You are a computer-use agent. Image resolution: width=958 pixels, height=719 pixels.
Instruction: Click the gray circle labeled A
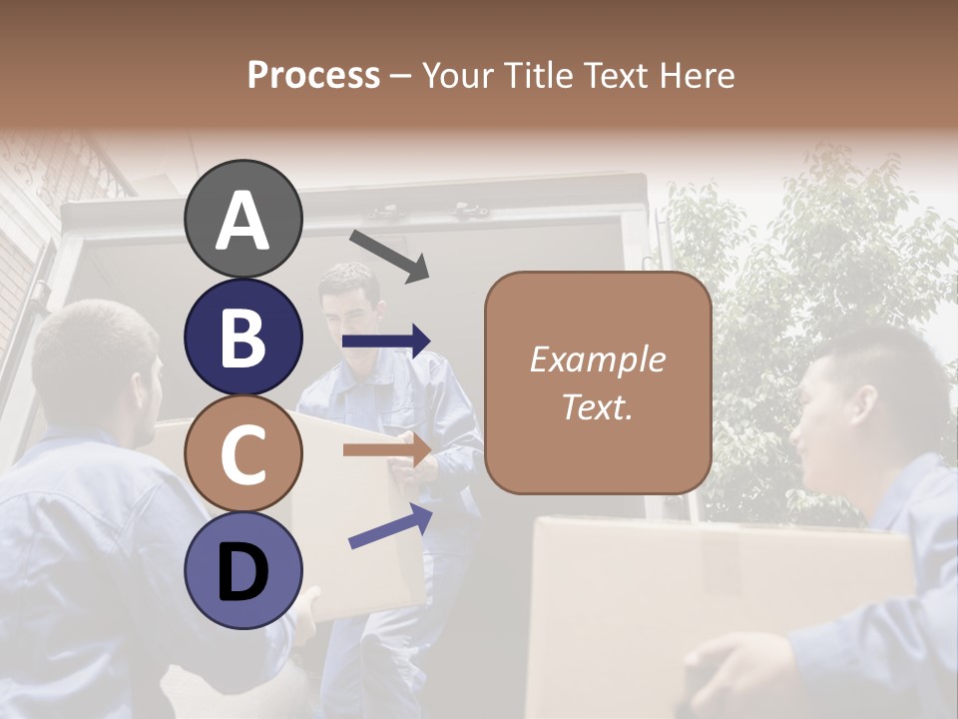[x=243, y=219]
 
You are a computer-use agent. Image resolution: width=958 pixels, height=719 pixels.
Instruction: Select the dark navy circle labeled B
[x=243, y=337]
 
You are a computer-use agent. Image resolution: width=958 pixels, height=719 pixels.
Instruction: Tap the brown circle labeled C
[x=243, y=453]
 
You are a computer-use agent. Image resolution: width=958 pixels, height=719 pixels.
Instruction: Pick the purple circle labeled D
[x=243, y=570]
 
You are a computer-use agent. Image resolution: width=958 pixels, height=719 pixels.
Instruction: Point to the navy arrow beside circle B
[x=386, y=342]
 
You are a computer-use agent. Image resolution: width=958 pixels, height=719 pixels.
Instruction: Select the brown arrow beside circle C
[x=386, y=449]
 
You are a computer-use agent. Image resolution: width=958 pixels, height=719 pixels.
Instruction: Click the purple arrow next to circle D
[x=390, y=526]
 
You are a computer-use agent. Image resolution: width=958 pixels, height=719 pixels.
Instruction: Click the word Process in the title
[x=313, y=75]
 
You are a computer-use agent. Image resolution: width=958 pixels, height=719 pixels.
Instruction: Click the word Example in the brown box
[x=597, y=359]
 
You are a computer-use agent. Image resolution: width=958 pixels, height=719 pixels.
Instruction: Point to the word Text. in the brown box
[x=597, y=406]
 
